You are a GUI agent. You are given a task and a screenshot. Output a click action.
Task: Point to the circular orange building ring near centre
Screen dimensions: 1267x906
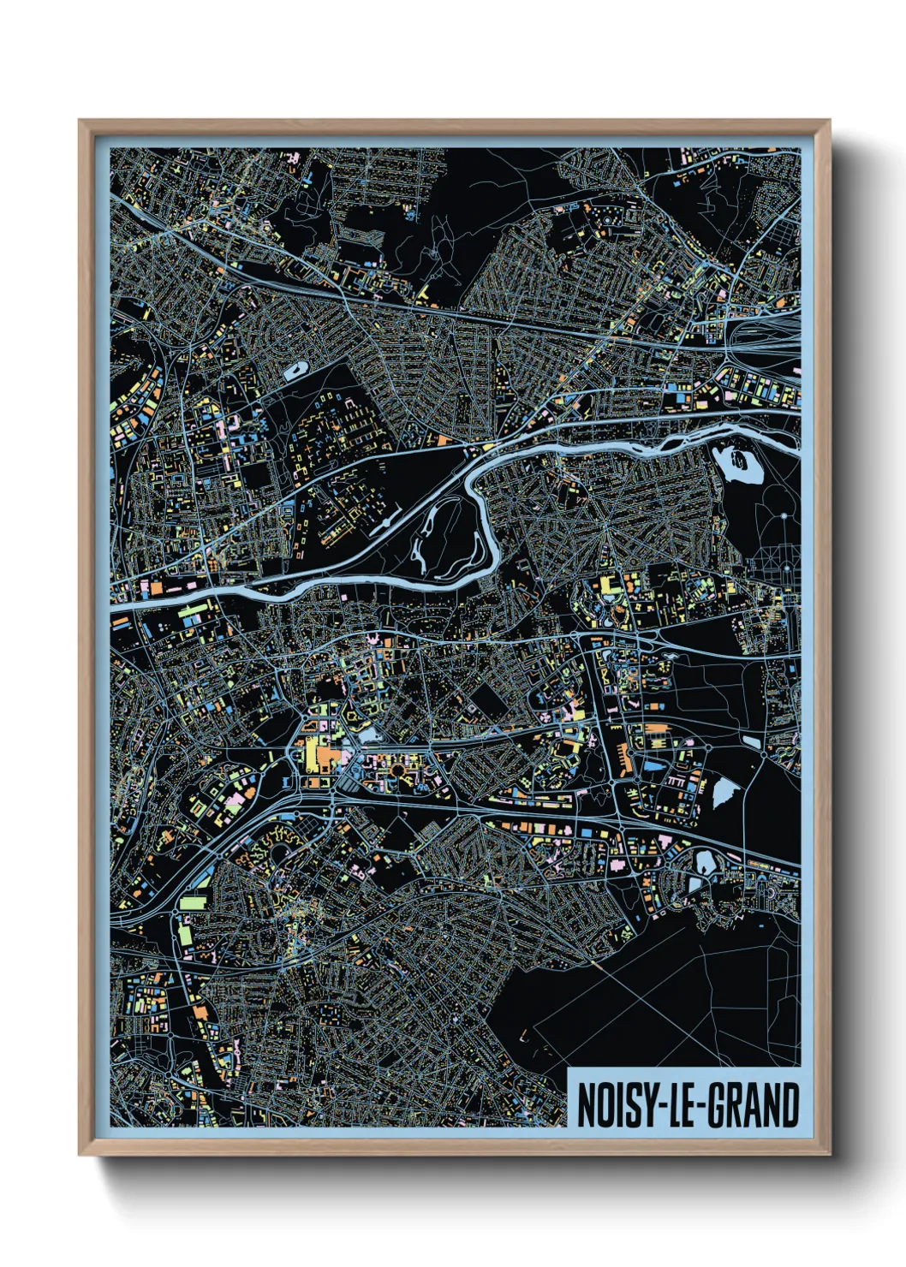click(x=396, y=772)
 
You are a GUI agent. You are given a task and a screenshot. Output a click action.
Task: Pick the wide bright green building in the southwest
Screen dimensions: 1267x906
click(x=194, y=901)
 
